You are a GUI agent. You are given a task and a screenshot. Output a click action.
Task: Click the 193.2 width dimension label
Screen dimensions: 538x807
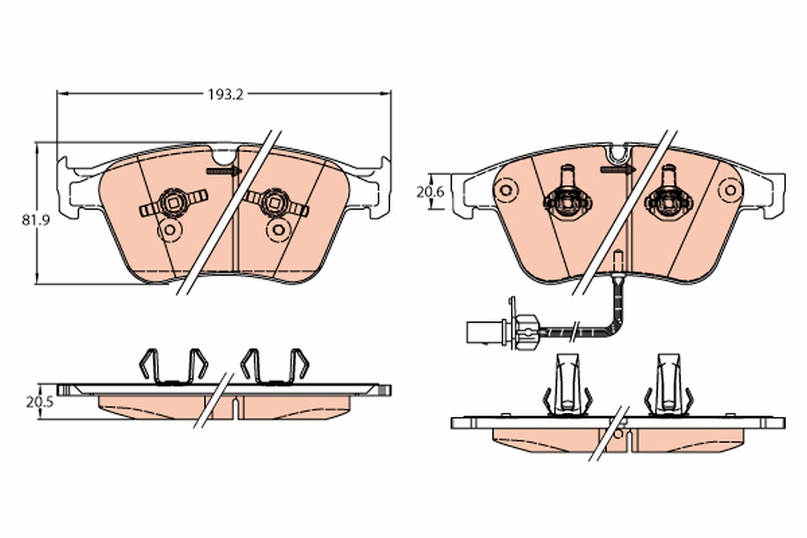click(224, 95)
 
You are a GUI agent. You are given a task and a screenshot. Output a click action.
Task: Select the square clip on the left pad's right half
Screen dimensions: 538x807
click(275, 200)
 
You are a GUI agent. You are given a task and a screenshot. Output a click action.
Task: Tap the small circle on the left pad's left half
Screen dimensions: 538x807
click(169, 231)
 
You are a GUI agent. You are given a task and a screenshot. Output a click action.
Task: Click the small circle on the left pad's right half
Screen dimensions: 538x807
click(276, 229)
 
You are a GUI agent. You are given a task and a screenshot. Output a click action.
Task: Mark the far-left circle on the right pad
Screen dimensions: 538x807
click(506, 189)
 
